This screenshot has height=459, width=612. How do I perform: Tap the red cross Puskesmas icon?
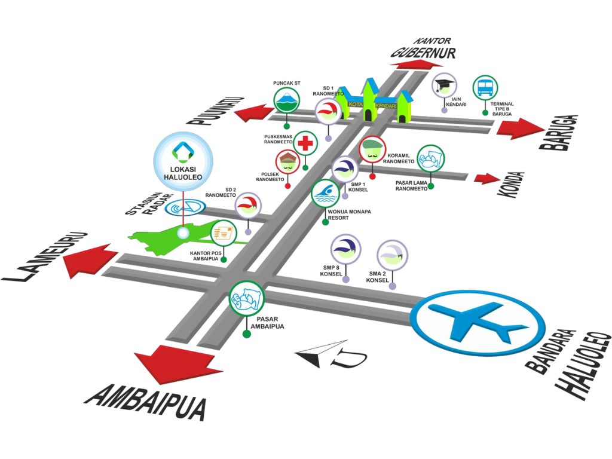tap(305, 143)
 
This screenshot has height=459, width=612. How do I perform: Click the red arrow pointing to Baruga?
tap(521, 128)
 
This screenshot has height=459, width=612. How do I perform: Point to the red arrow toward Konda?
tap(486, 178)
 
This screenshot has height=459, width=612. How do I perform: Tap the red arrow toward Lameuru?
tap(89, 260)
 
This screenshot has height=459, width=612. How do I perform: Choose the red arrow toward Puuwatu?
tap(253, 113)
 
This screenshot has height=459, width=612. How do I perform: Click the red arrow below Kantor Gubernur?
tap(417, 65)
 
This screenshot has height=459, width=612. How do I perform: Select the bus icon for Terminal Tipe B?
tap(485, 88)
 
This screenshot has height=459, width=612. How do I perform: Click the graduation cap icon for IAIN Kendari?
tap(444, 85)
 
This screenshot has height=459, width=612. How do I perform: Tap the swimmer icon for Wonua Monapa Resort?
tap(325, 194)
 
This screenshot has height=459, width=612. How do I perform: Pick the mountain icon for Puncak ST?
tap(286, 100)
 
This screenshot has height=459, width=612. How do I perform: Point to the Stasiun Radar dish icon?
tap(185, 207)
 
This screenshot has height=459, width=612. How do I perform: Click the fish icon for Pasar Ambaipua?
tap(246, 298)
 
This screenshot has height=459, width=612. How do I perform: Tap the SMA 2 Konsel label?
tap(378, 277)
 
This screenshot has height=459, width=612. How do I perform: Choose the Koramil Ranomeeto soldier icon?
tap(372, 149)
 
